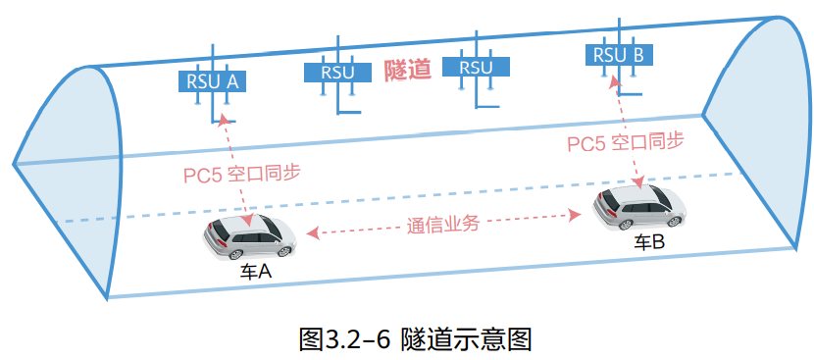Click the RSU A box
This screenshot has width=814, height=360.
coord(209,80)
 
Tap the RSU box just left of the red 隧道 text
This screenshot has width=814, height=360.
coord(338,72)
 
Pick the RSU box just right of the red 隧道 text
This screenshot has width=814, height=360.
coord(476,68)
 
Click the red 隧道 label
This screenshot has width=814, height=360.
coord(407,70)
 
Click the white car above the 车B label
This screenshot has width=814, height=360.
coord(638,207)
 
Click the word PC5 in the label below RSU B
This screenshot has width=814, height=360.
coord(586,144)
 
